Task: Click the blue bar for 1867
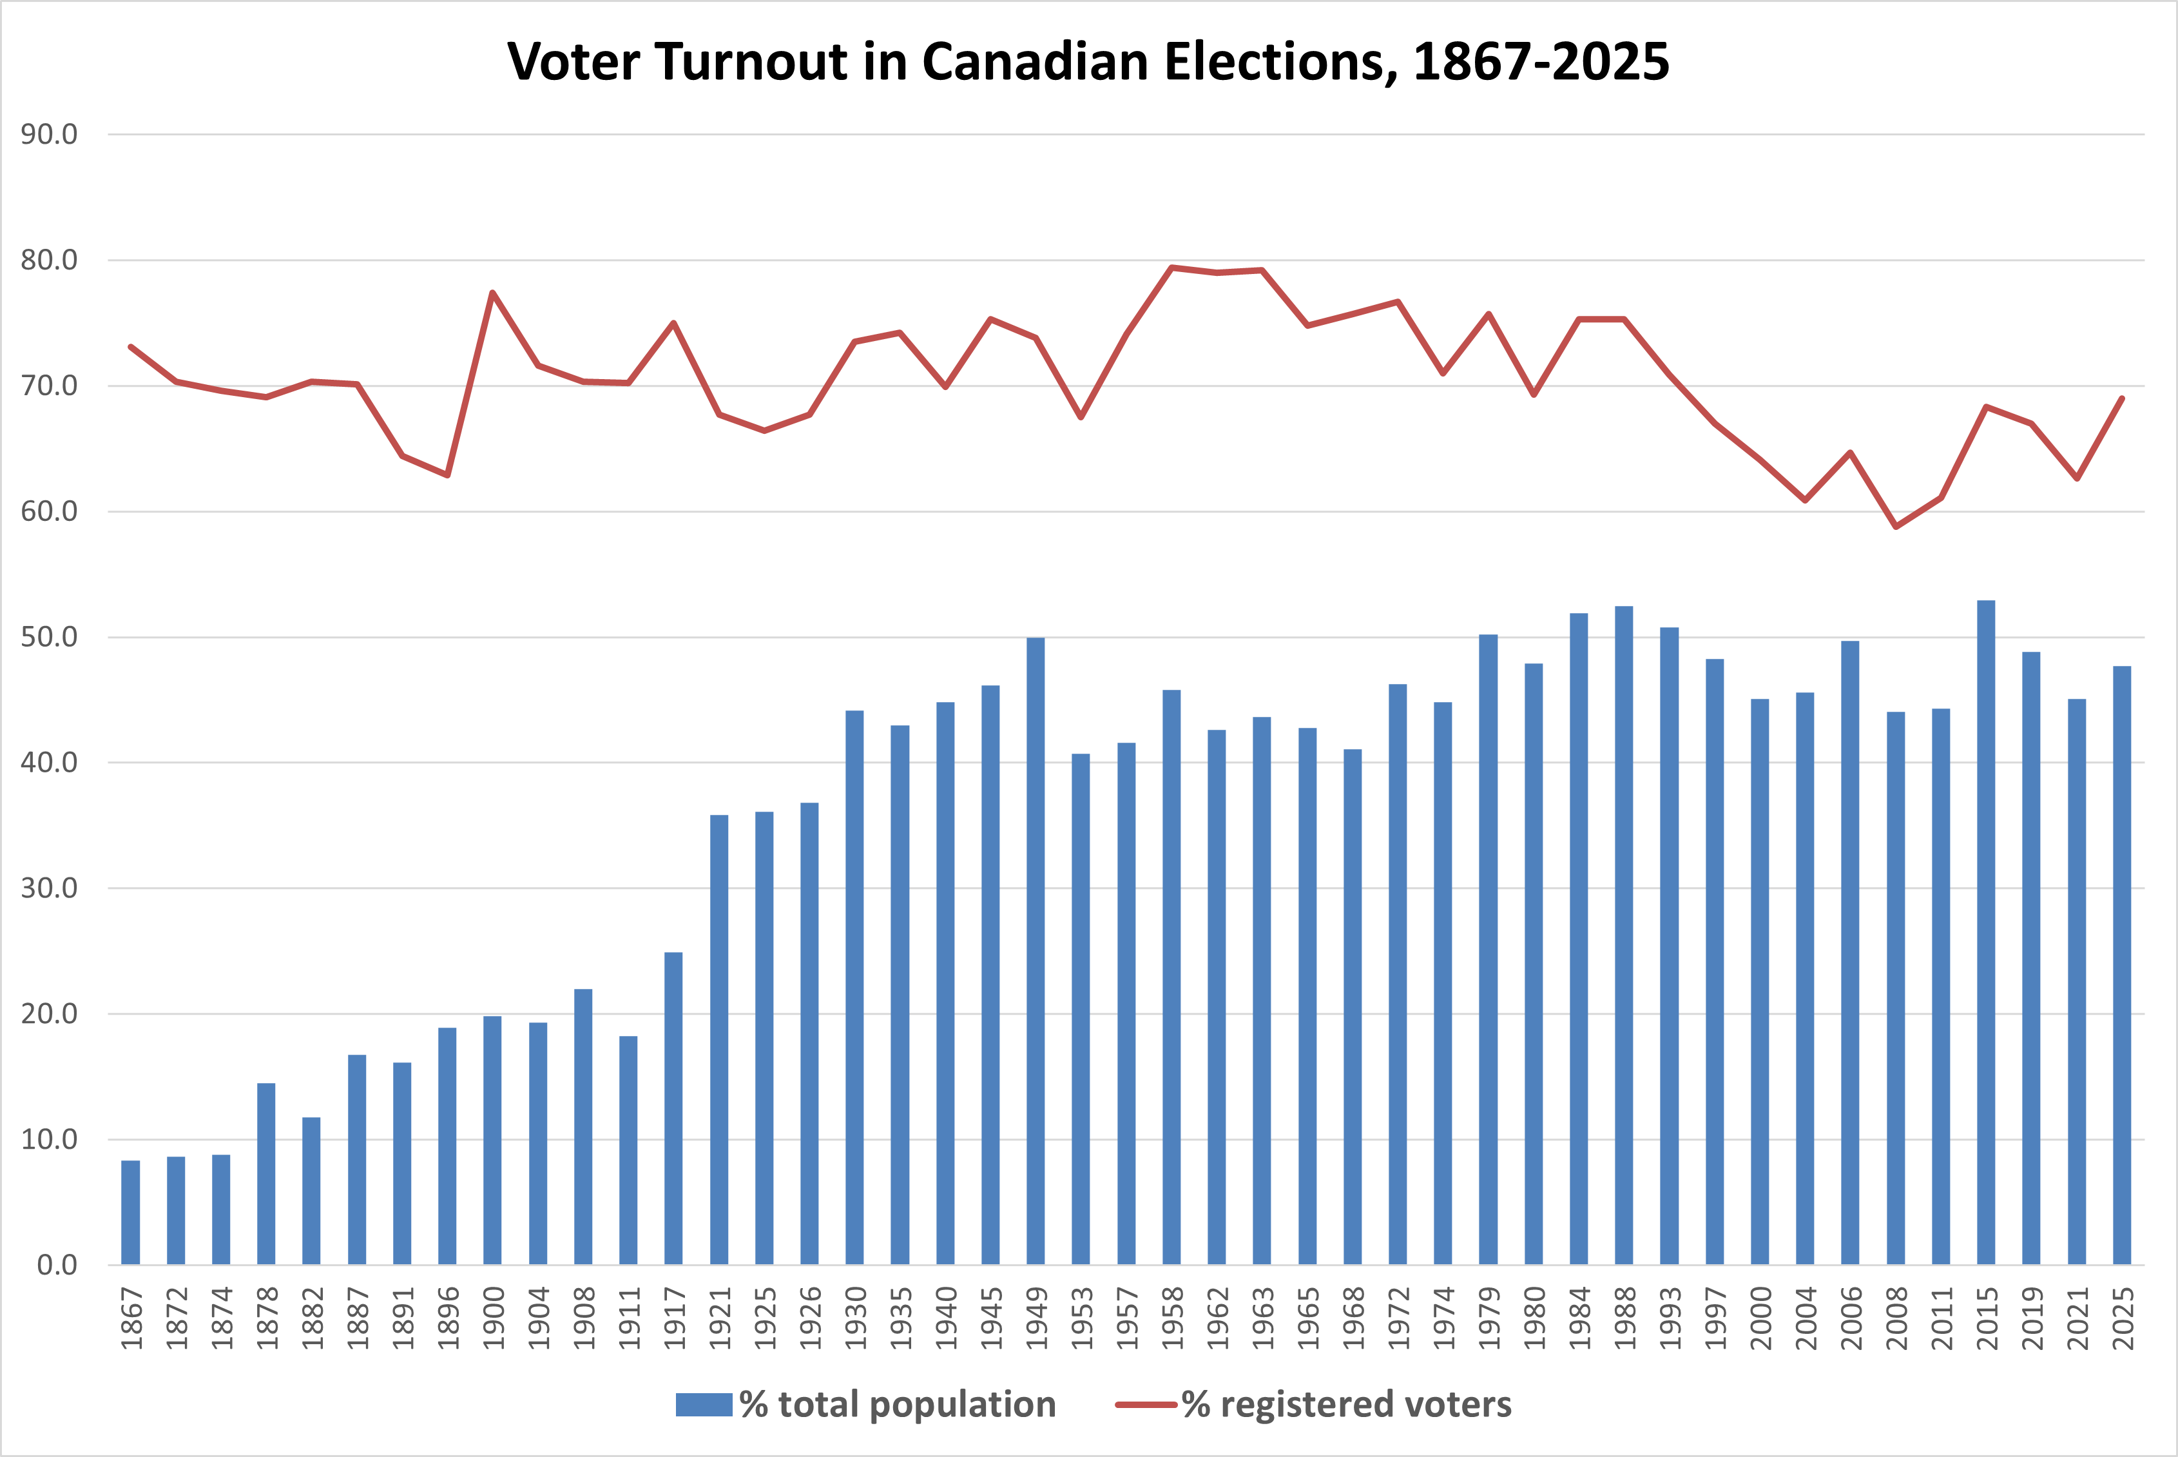pyautogui.click(x=130, y=1213)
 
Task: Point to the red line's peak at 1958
pyautogui.click(x=1171, y=268)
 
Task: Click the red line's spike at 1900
pyautogui.click(x=492, y=293)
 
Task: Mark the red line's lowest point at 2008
pyautogui.click(x=1896, y=527)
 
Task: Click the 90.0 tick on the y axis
pyautogui.click(x=49, y=135)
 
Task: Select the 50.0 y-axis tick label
pyautogui.click(x=49, y=638)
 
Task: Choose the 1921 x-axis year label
pyautogui.click(x=720, y=1318)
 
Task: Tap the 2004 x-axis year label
pyautogui.click(x=1805, y=1318)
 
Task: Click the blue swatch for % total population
pyautogui.click(x=704, y=1404)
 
